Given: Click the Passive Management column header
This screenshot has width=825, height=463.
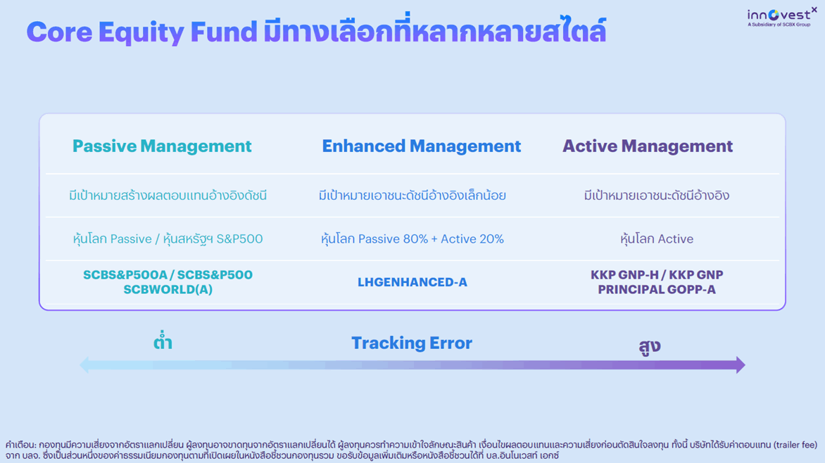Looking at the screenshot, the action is tap(162, 146).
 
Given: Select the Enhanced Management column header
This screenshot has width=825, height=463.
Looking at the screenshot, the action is tap(422, 146).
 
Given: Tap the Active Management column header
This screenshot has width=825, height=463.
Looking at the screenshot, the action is tap(648, 146).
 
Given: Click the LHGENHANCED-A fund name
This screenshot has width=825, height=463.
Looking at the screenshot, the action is tap(412, 283).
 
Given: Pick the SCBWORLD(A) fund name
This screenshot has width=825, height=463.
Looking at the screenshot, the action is tap(168, 290).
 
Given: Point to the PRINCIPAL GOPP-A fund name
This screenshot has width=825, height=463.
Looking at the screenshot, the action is tap(657, 290).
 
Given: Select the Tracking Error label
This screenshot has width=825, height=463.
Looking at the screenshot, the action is tap(412, 343).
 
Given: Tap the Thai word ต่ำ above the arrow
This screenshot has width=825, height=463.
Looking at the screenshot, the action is tap(163, 341).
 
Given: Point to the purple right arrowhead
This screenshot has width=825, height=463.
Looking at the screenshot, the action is tap(741, 364).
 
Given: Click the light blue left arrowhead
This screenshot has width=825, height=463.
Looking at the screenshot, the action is tap(84, 364).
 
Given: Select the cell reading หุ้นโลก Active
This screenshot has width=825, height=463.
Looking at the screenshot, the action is tap(657, 239).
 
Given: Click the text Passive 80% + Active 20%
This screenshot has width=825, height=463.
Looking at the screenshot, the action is tap(431, 239).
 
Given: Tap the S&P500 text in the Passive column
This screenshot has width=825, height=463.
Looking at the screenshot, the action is tap(239, 239).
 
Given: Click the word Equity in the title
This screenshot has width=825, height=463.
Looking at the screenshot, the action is tap(141, 32).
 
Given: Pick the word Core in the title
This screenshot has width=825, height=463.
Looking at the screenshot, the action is tap(59, 32).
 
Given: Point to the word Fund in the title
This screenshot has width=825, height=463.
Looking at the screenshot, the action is tap(224, 32).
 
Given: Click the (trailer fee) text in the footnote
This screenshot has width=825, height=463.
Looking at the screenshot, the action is tap(795, 445).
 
